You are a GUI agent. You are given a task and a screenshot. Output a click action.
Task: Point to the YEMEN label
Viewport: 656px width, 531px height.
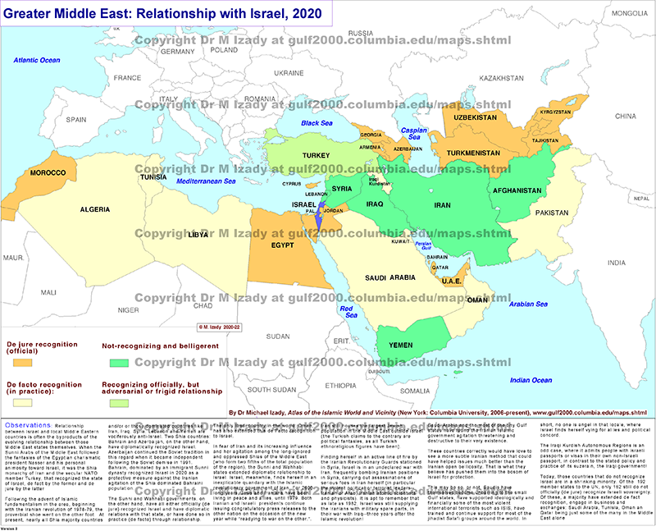click(x=410, y=345)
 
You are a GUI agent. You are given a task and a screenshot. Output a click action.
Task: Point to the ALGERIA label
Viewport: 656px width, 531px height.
click(x=94, y=209)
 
